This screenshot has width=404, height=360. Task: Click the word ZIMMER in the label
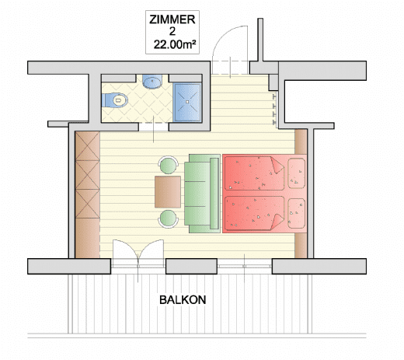pos(172,19)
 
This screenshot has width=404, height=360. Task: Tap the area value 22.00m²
pos(175,44)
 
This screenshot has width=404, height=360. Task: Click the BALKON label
pos(183,300)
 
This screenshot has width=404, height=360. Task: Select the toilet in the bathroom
pos(115,100)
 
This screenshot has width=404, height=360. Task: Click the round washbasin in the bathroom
pos(152,82)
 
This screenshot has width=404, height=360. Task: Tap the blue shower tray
pos(187,102)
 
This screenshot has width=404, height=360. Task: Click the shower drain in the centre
pos(187,102)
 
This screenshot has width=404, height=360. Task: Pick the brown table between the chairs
pos(168,192)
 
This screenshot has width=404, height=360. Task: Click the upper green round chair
pos(169,165)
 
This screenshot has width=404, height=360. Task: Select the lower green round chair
pos(169,219)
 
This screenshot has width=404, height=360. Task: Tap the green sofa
pos(202,194)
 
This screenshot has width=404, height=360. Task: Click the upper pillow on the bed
pos(297,173)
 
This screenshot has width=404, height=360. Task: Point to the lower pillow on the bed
pos(297,214)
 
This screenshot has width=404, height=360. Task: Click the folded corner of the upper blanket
pos(277,165)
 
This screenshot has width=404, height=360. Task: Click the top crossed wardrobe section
pos(88,146)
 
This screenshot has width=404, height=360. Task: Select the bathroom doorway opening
pos(154,127)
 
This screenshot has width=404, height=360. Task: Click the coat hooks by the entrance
pos(275,110)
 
